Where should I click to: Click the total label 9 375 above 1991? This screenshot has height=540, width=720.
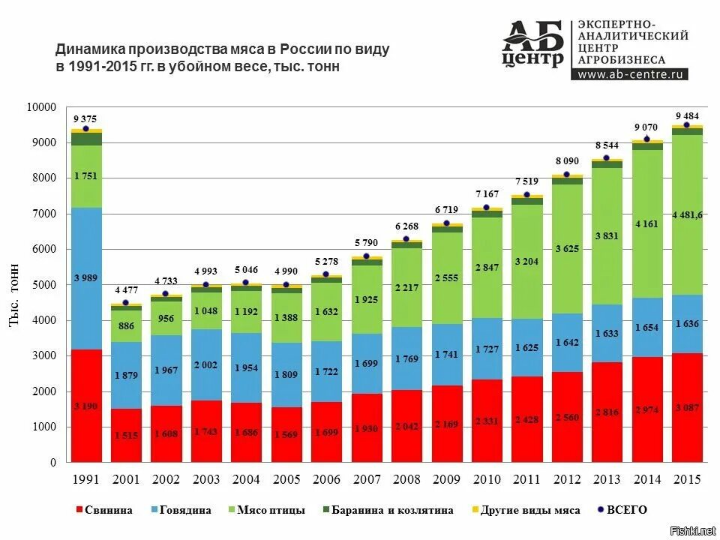(x=85, y=119)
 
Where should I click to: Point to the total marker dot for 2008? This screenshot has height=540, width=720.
(x=406, y=239)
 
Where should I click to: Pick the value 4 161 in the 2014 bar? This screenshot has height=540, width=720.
(x=646, y=223)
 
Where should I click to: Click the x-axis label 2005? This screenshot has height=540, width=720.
(x=286, y=478)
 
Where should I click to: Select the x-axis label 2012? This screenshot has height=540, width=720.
(x=566, y=478)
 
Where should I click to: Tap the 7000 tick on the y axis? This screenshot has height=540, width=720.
(x=43, y=214)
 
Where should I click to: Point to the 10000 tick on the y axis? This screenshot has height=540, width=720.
(x=41, y=107)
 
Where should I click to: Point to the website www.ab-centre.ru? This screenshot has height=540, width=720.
(x=631, y=74)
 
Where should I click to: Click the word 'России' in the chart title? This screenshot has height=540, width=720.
(x=304, y=49)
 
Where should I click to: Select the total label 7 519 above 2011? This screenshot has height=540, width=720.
(x=526, y=181)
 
